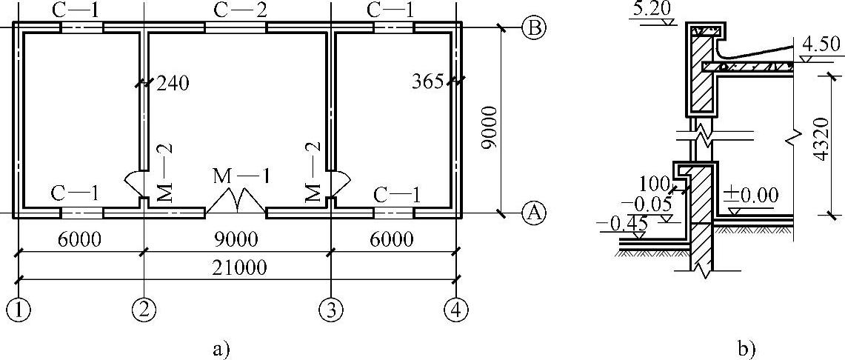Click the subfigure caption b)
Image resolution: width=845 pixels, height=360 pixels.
pos(745,347)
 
